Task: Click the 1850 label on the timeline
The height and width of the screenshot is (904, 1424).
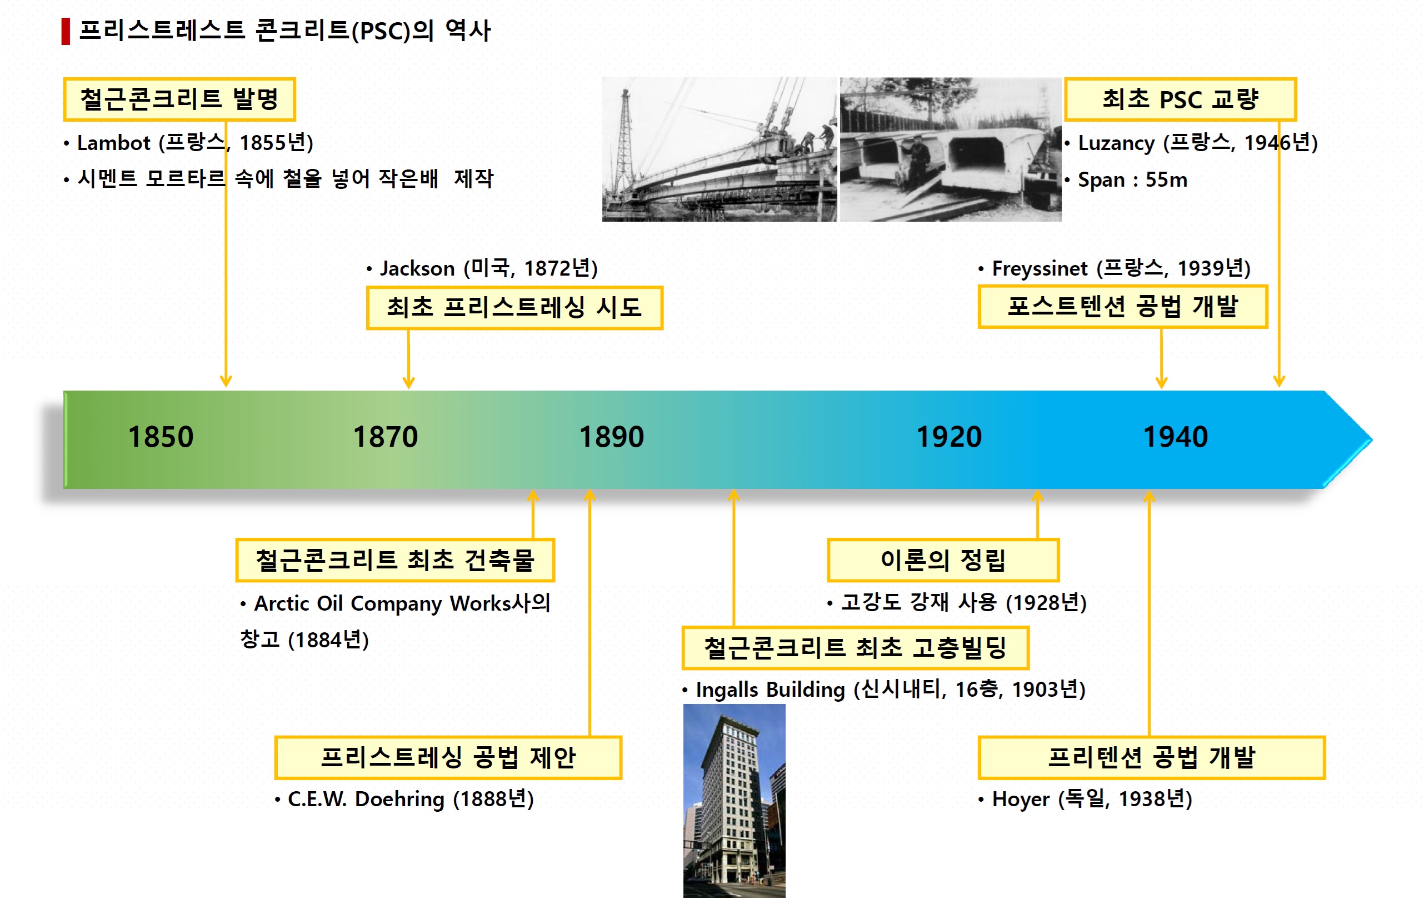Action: (161, 437)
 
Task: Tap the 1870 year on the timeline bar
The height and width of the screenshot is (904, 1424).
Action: (386, 437)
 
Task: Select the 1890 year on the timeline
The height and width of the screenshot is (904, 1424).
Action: (612, 437)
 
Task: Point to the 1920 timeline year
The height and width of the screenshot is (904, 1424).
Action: (949, 437)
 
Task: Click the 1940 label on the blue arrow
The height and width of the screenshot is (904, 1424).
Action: (1176, 437)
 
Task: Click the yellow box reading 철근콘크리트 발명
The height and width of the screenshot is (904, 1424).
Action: (179, 99)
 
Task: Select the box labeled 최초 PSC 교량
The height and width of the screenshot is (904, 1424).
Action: (1180, 99)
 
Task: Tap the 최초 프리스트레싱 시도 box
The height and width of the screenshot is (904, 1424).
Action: (514, 307)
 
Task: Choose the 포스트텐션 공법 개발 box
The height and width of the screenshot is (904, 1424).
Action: (1122, 306)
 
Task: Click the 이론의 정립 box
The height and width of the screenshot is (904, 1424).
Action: (943, 560)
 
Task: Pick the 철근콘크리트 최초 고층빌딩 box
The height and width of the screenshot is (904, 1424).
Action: (855, 647)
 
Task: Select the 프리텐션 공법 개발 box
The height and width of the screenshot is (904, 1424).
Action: (1151, 757)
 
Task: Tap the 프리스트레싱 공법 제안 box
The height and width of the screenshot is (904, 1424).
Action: (448, 757)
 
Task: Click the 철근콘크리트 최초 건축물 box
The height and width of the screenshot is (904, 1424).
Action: (395, 560)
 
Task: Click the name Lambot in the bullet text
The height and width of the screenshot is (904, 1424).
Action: (113, 143)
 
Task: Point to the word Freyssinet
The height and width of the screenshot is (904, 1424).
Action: (1040, 268)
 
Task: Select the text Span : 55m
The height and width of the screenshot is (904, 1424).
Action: (1132, 179)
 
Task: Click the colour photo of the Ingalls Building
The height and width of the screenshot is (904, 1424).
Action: (735, 801)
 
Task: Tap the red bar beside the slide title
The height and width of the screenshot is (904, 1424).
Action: (66, 31)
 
